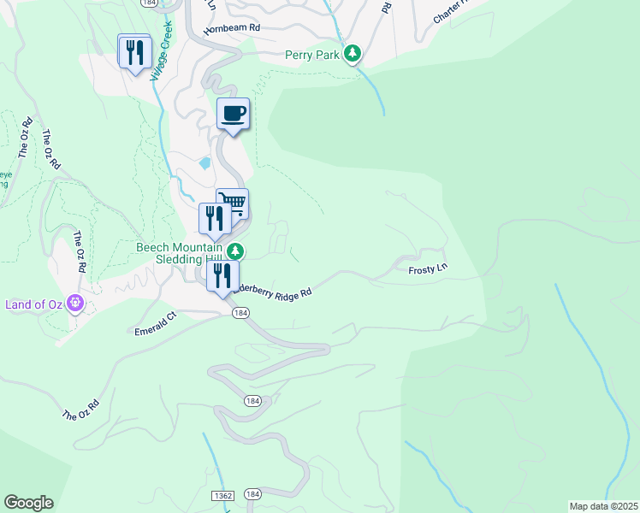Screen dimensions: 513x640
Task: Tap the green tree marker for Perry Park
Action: [x=352, y=55]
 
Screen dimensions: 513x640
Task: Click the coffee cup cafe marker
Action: [x=233, y=114]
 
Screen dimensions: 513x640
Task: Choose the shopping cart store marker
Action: [x=234, y=203]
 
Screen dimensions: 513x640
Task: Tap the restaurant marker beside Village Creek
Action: [x=134, y=53]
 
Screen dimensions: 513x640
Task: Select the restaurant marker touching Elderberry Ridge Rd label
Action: [x=222, y=276]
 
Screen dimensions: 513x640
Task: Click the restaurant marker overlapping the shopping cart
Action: [x=214, y=219]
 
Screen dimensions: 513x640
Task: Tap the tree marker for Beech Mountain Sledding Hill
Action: [x=240, y=251]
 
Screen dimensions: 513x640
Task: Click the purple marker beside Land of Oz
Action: [x=76, y=303]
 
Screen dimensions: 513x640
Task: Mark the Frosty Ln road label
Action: [x=428, y=269]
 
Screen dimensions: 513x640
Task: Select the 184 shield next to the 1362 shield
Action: [x=252, y=495]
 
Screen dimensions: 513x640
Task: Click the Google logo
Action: [x=28, y=503]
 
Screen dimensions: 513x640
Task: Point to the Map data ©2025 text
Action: [x=602, y=506]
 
